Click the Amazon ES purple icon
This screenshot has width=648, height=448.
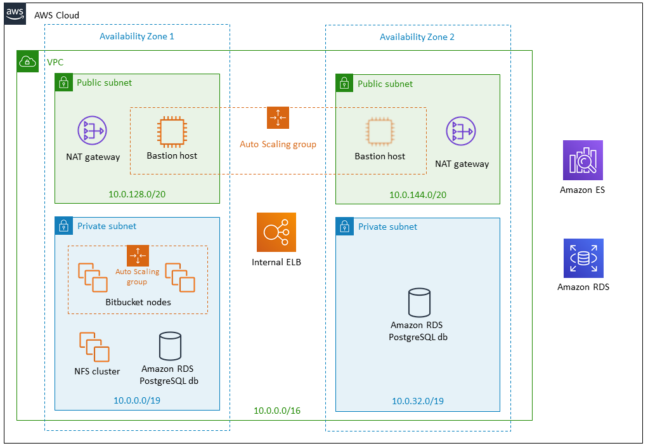click(583, 161)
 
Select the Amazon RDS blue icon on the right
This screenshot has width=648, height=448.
click(583, 258)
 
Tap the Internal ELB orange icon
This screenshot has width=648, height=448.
click(276, 232)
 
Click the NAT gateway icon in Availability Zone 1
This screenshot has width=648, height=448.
click(93, 131)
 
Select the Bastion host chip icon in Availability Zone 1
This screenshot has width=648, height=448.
click(172, 131)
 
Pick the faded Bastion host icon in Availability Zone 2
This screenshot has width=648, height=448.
click(380, 131)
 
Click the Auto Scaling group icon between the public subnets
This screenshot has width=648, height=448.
click(278, 118)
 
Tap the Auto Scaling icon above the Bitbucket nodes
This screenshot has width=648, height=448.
click(138, 256)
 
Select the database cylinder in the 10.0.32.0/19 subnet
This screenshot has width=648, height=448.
click(418, 303)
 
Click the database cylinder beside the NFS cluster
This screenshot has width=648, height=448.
click(169, 346)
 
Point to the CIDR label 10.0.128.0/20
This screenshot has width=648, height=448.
click(137, 194)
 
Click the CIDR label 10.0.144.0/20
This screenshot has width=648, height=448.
click(418, 195)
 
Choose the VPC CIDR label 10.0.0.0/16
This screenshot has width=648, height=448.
click(277, 411)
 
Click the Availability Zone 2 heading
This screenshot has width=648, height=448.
click(417, 37)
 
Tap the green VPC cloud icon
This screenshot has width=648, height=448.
click(27, 62)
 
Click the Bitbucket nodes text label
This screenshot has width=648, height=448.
click(138, 302)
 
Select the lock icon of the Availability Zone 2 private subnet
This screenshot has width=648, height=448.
click(344, 227)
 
